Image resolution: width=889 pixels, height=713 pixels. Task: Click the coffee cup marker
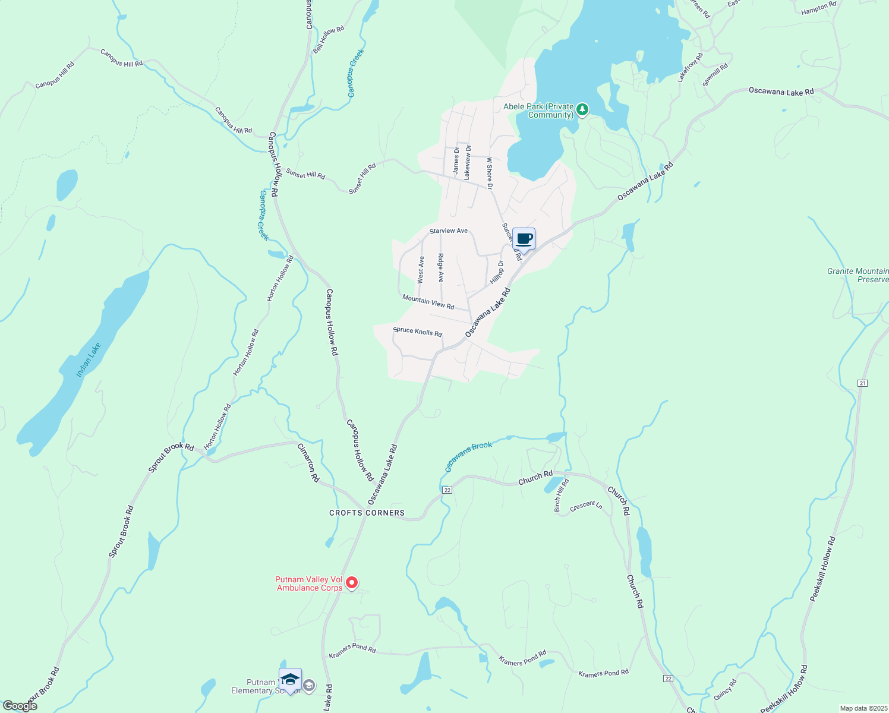(x=524, y=239)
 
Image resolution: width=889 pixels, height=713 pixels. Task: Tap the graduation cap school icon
(x=290, y=680)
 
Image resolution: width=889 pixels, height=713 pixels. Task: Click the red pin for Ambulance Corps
(x=352, y=583)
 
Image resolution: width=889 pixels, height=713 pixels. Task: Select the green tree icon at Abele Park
(x=583, y=109)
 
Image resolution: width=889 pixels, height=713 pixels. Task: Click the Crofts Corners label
(x=367, y=513)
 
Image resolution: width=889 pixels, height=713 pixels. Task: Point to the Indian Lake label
(x=89, y=359)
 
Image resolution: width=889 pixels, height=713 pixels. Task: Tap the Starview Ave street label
(x=449, y=231)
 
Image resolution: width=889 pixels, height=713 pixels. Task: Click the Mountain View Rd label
(x=428, y=302)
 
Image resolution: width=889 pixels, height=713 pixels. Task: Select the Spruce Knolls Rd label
(x=418, y=332)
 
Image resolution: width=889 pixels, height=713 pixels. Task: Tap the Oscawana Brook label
(x=469, y=456)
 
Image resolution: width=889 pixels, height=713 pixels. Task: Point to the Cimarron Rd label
(x=308, y=463)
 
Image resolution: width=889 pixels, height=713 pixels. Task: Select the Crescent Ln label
(x=586, y=506)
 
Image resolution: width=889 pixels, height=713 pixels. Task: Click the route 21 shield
(x=862, y=383)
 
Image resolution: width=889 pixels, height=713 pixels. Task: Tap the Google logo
(x=20, y=706)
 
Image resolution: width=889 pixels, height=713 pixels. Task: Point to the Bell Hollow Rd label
(x=329, y=40)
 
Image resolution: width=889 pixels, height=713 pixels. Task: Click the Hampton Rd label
(x=818, y=8)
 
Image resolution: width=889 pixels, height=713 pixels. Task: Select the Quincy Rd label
(x=725, y=690)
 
